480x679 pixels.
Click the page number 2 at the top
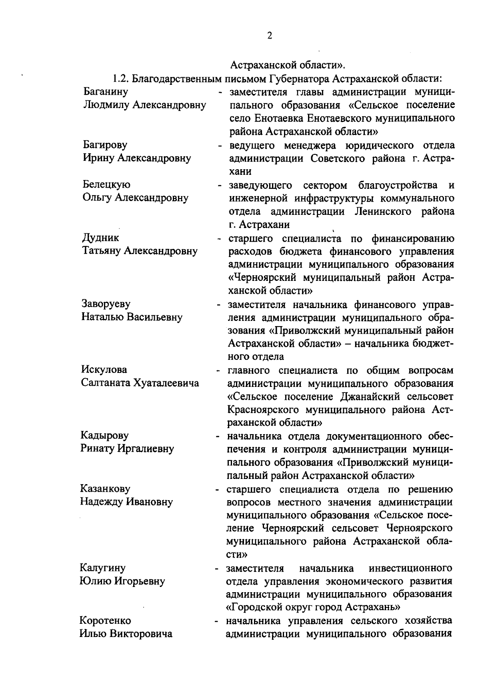[269, 36]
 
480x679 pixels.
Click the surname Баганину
[106, 92]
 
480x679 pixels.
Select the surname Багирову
[106, 144]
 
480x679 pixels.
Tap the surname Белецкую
[106, 184]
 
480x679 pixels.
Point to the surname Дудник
[100, 238]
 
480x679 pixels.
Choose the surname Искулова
[104, 369]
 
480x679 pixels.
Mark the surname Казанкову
[105, 488]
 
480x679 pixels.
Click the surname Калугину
[103, 567]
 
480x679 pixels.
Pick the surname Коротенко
[105, 621]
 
